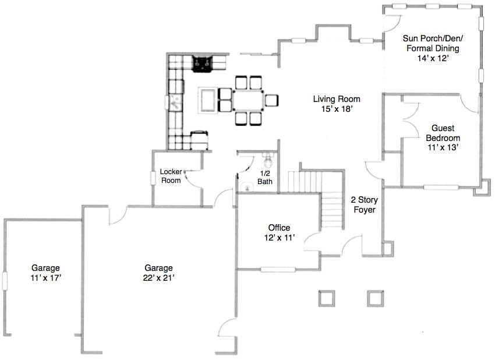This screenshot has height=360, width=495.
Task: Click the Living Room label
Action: click(x=337, y=99)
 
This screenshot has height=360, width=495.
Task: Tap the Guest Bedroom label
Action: click(x=443, y=133)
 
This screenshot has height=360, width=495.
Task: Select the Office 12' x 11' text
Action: click(x=280, y=233)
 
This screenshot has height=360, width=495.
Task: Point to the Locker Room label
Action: click(x=171, y=176)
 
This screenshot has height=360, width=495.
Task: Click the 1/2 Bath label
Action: click(x=265, y=178)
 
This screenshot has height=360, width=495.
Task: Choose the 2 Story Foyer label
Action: click(x=365, y=204)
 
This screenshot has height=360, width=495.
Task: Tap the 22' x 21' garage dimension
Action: click(x=159, y=278)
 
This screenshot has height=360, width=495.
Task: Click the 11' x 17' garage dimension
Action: click(x=46, y=278)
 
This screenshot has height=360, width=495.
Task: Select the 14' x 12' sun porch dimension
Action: click(x=433, y=58)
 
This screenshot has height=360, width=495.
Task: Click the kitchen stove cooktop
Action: click(x=202, y=63)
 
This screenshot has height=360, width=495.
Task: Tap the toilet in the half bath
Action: click(x=268, y=160)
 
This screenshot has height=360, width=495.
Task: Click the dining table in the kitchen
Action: click(x=248, y=100)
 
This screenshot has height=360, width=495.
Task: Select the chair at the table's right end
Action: click(x=271, y=100)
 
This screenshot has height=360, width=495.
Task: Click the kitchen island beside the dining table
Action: click(x=207, y=100)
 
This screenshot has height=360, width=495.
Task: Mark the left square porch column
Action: click(x=327, y=298)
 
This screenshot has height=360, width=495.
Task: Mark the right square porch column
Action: click(x=376, y=298)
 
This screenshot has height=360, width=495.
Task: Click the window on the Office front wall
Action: click(x=278, y=270)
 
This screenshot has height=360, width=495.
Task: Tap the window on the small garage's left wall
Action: click(x=5, y=280)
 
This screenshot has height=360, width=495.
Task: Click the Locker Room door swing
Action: click(x=193, y=179)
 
